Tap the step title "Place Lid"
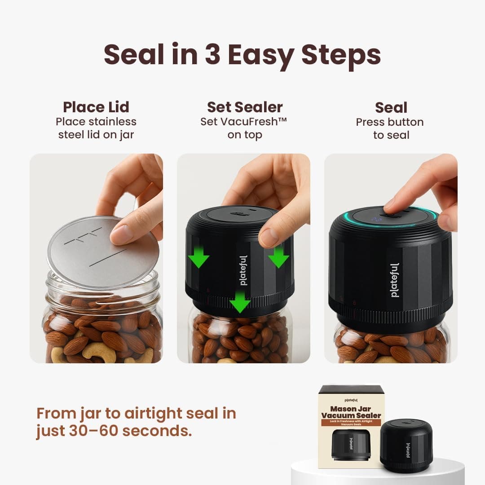click(96, 107)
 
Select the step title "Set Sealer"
click(245, 107)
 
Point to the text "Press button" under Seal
click(390, 122)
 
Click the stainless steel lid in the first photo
click(103, 251)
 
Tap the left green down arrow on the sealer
click(198, 256)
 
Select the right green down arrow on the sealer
click(279, 256)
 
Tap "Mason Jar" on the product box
click(350, 409)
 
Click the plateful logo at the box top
click(351, 399)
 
